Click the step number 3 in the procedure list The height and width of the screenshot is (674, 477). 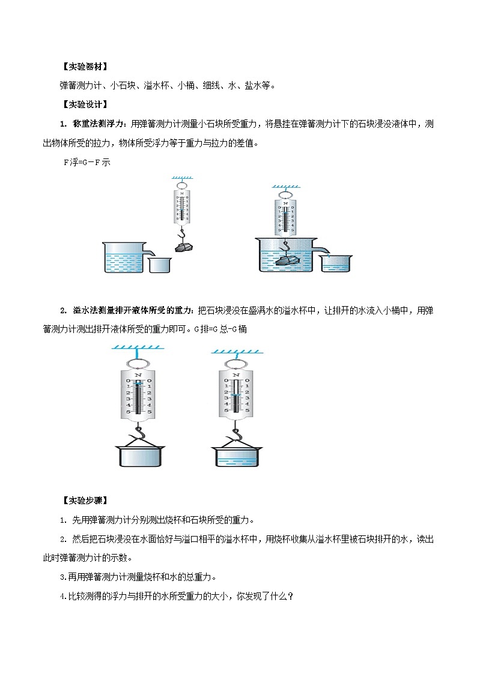(x=63, y=578)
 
